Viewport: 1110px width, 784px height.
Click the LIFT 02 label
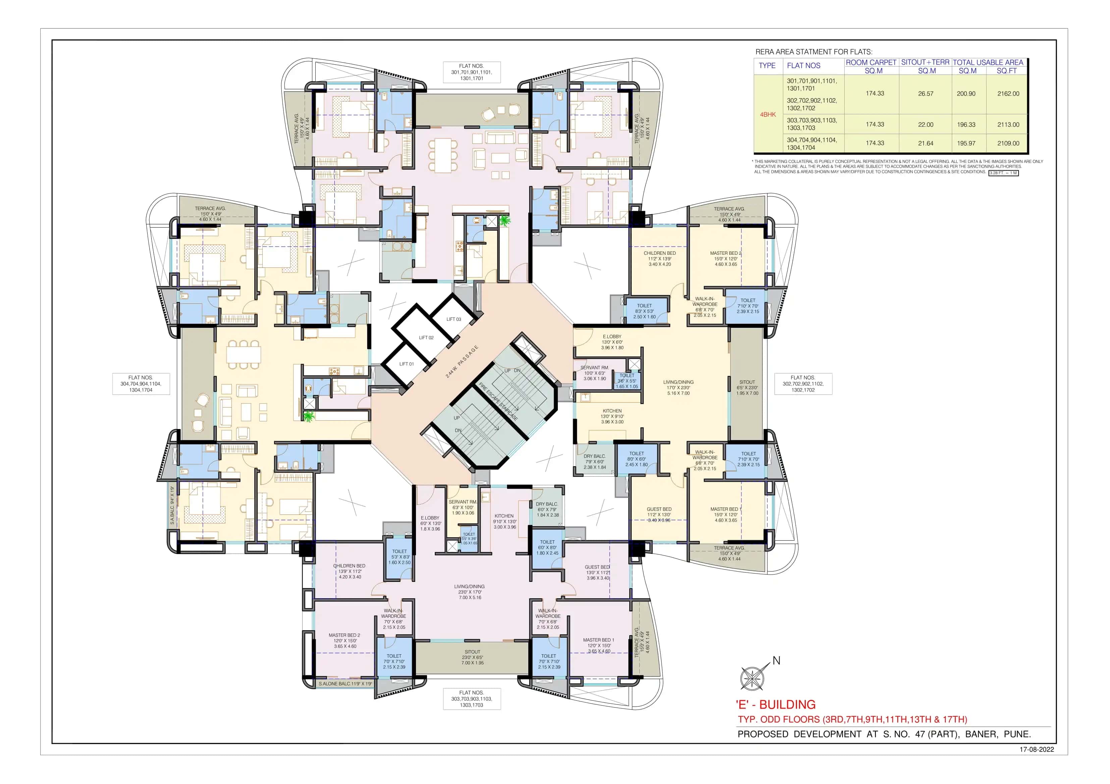tap(426, 338)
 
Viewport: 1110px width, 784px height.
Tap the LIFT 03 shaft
tap(454, 319)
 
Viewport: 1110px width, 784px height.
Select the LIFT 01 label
tap(406, 364)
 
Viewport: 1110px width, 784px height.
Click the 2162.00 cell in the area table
tap(1008, 94)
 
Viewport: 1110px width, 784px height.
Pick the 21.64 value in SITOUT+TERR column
tap(925, 143)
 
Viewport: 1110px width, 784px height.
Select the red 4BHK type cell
tap(768, 115)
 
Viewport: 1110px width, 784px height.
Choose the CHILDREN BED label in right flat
tap(659, 253)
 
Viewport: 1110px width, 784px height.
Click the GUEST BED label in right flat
tap(659, 509)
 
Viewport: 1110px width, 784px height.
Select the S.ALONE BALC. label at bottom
tap(345, 683)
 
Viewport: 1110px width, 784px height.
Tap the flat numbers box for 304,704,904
tap(141, 383)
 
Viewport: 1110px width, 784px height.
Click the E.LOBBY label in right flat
tap(612, 337)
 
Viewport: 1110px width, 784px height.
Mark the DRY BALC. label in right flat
tap(594, 456)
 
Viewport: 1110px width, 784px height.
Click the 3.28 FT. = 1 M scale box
tap(1004, 173)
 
